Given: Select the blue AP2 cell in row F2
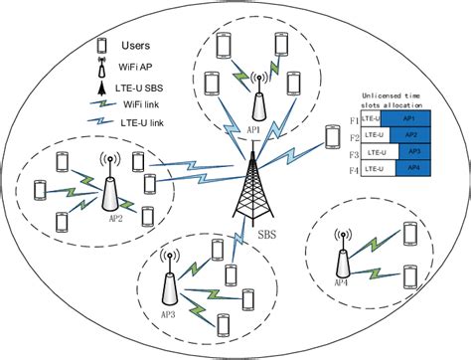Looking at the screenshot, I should click(x=416, y=134).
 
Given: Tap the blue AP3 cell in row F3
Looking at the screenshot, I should click(x=419, y=151).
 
